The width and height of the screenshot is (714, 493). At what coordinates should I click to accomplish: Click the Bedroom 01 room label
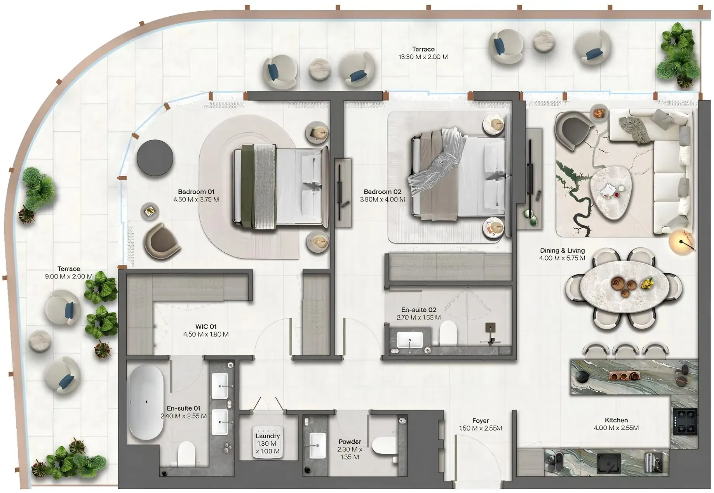coord(196,192)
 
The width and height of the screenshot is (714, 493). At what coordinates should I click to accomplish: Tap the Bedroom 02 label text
coord(382,192)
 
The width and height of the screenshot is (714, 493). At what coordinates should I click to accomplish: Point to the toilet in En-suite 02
coord(448,334)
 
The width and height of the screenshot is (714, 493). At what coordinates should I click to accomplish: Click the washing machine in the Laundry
coord(267,443)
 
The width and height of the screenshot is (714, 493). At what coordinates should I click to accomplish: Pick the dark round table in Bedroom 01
coord(155,158)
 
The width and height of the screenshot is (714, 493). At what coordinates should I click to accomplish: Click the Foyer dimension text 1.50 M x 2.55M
coord(480,429)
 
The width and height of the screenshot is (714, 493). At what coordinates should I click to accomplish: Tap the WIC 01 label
coord(205,327)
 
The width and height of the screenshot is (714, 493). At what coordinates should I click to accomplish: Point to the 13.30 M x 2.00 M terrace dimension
coord(423,57)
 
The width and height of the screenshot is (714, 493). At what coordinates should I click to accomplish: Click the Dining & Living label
coord(562,251)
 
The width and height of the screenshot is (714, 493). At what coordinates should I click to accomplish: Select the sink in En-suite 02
coord(410,340)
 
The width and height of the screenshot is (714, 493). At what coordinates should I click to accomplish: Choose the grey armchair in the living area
coord(572,130)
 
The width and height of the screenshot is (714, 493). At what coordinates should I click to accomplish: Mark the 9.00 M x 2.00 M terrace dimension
coord(69,277)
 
